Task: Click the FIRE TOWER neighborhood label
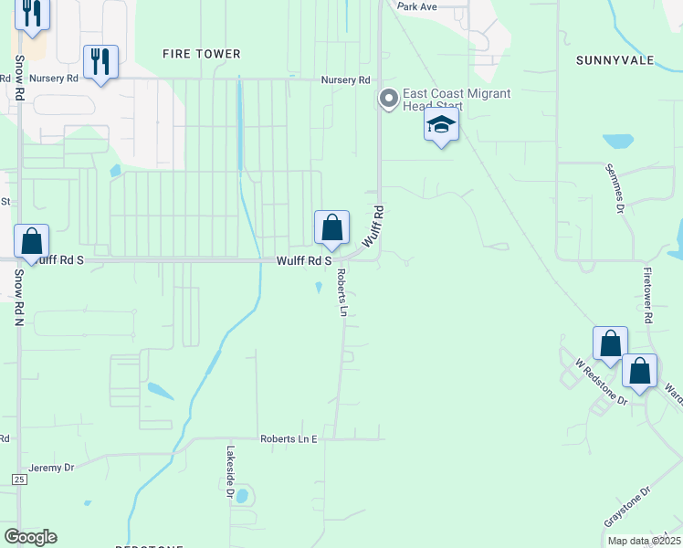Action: click(x=201, y=55)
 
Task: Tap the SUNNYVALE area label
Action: click(x=615, y=60)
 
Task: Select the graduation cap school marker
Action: click(x=441, y=126)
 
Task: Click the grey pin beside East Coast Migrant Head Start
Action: click(x=389, y=99)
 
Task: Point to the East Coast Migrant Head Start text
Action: click(x=446, y=100)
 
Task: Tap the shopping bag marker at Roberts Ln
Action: click(x=331, y=228)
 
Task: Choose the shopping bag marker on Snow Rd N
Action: click(x=32, y=243)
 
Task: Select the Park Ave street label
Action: click(x=417, y=6)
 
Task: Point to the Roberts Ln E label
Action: click(x=288, y=439)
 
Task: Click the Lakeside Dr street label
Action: click(x=230, y=471)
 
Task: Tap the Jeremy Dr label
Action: click(x=51, y=468)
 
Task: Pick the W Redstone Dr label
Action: click(x=601, y=383)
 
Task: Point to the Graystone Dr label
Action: click(x=626, y=506)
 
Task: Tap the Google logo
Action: click(x=31, y=537)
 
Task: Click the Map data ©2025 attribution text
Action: click(x=643, y=541)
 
